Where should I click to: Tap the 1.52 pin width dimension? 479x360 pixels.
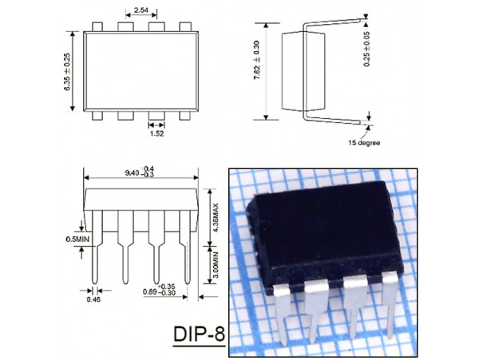[156, 135]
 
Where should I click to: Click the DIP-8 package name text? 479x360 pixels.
[198, 332]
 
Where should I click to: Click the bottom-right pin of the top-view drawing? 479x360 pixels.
[186, 115]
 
